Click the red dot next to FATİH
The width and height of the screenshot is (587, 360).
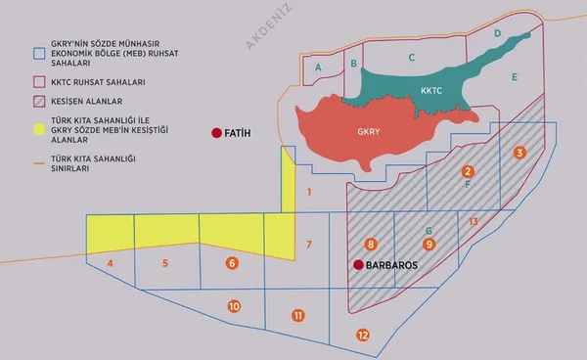(x=215, y=133)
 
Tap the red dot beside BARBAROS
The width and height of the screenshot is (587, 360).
(x=359, y=264)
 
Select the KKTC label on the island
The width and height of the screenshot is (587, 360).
(x=432, y=91)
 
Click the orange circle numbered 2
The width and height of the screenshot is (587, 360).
(x=469, y=171)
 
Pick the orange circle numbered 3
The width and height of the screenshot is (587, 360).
(x=519, y=152)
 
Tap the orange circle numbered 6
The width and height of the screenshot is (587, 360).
(x=232, y=262)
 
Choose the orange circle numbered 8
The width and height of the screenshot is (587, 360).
(x=370, y=243)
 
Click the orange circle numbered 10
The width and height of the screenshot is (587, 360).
(x=234, y=306)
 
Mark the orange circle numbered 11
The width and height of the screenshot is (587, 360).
(x=298, y=315)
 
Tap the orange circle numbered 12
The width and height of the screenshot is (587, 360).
(x=363, y=335)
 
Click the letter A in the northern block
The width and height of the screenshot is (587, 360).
(x=319, y=66)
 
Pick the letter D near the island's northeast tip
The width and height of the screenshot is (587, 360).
(x=498, y=33)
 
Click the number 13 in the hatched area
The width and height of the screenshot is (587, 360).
(x=474, y=222)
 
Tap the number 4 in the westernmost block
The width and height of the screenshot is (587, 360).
(x=110, y=264)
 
